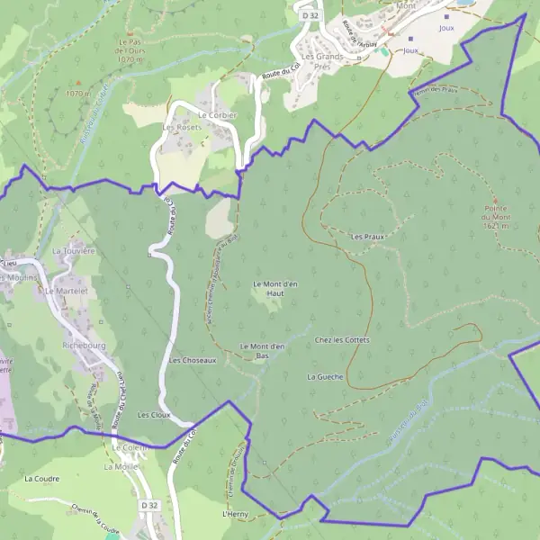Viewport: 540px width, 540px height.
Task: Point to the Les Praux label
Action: click(368, 236)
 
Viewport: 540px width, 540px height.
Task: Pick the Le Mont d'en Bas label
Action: click(263, 350)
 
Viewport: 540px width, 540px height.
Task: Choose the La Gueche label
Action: click(325, 376)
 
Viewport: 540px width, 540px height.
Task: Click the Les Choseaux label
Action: click(193, 360)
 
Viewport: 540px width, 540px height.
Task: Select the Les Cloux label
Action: click(154, 415)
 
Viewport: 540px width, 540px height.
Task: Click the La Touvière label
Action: click(74, 251)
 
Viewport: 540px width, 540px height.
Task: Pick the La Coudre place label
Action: click(41, 479)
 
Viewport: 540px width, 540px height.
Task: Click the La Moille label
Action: click(120, 467)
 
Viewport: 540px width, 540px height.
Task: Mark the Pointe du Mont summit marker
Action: click(494, 199)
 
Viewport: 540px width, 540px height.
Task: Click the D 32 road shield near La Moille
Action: click(149, 507)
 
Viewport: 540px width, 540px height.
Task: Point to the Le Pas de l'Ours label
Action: click(131, 46)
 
